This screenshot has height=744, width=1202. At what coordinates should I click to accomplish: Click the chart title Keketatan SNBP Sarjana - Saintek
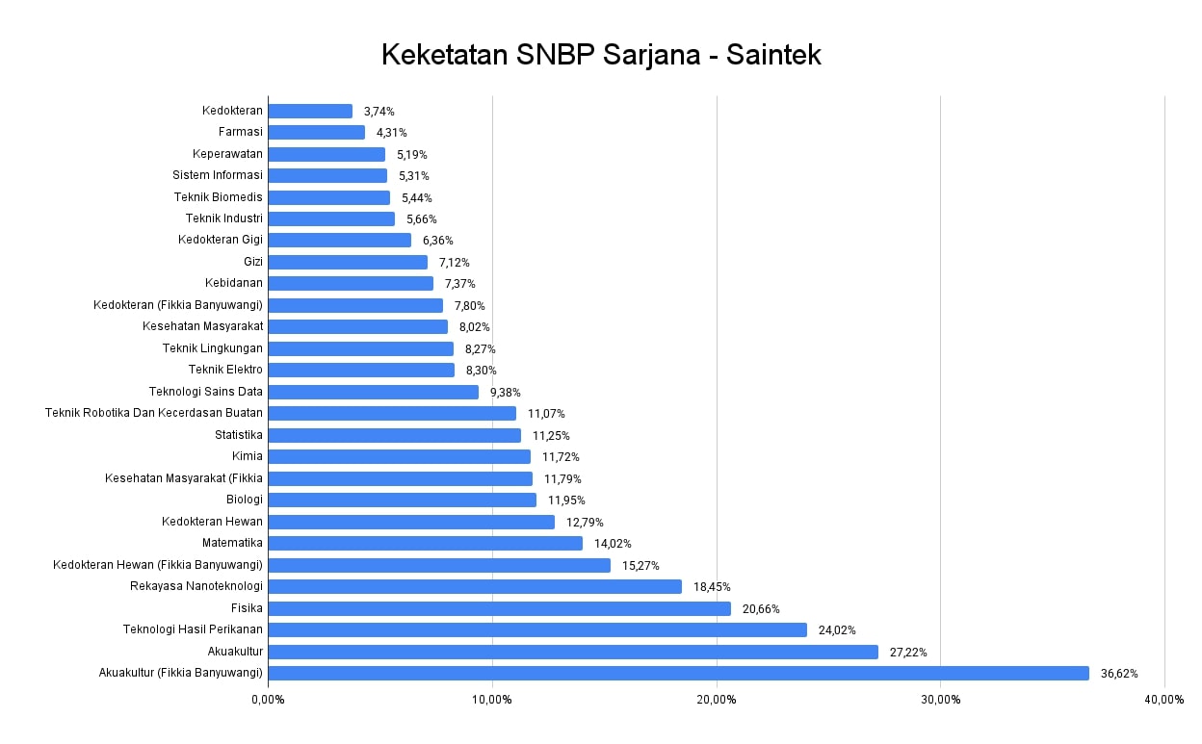[x=601, y=55]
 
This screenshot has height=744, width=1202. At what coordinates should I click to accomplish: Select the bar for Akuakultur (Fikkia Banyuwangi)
[x=678, y=673]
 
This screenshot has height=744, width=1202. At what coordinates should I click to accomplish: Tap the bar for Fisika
[x=499, y=608]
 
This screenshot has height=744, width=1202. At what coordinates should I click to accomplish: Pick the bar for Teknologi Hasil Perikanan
[x=537, y=629]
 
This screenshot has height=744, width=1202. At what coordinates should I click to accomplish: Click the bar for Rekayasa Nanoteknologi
[x=475, y=586]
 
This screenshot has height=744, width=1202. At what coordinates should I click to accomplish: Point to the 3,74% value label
[x=379, y=112]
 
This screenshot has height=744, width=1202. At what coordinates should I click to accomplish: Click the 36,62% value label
[x=1119, y=674]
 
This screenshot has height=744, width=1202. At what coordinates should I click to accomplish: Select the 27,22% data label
[x=908, y=653]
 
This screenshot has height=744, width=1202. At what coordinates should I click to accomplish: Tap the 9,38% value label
[x=506, y=393]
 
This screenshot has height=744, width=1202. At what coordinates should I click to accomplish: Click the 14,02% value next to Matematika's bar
[x=613, y=544]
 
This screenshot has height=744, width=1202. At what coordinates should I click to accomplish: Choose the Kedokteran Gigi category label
[x=221, y=240]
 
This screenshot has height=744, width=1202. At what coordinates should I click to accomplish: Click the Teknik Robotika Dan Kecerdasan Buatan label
[x=154, y=413]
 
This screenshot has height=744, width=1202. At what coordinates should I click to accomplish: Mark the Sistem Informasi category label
[x=218, y=175]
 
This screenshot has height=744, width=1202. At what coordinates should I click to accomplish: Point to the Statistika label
[x=239, y=435]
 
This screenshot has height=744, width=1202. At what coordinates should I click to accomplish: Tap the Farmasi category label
[x=241, y=132]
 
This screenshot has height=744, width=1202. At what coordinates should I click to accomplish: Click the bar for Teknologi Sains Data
[x=373, y=392]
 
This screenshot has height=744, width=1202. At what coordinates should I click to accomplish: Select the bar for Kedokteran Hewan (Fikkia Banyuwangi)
[x=439, y=565]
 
